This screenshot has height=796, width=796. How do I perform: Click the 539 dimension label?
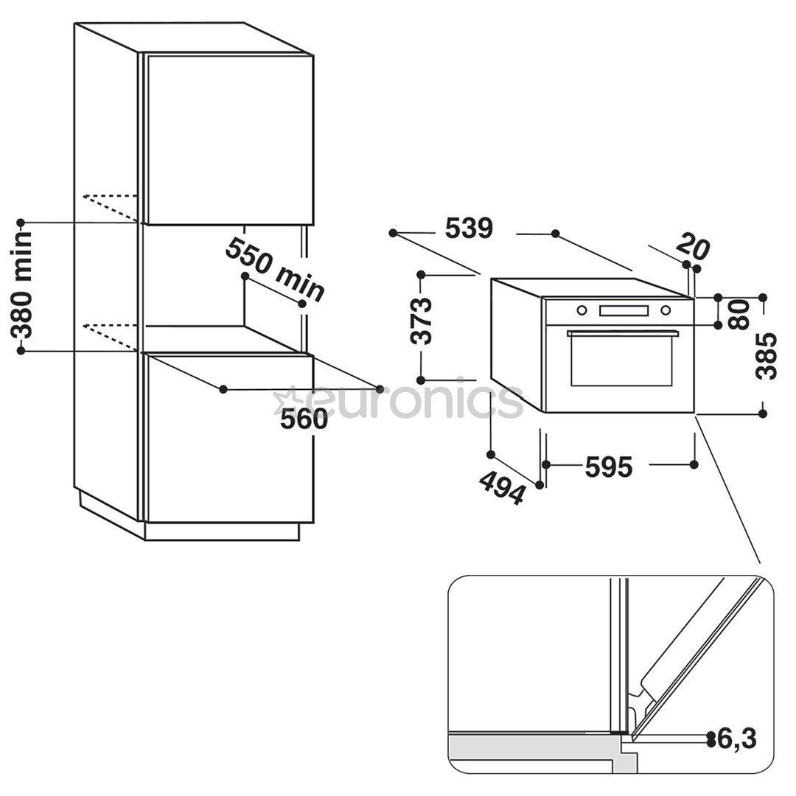(469, 228)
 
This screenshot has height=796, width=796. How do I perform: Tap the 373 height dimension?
(422, 321)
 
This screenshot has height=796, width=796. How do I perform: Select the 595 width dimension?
(609, 467)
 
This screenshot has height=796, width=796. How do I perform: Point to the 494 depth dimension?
(501, 487)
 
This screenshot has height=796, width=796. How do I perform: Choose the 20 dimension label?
(693, 246)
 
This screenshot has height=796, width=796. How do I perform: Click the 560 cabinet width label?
(304, 419)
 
